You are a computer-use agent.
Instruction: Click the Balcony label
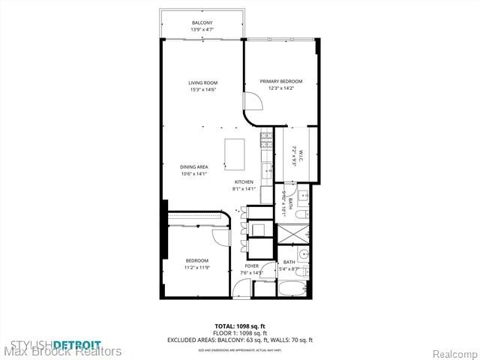click(202, 23)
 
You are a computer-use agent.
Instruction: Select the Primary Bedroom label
click(280, 81)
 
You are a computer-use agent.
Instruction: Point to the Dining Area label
click(193, 166)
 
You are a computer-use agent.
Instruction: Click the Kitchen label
click(244, 182)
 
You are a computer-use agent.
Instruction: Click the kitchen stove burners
click(265, 139)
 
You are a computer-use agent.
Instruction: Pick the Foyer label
click(251, 266)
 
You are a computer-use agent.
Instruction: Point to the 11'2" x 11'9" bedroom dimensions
click(196, 267)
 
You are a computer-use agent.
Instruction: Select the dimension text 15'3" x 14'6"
click(202, 90)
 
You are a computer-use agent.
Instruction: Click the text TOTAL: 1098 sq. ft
click(239, 326)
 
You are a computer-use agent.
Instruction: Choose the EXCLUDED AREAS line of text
click(239, 340)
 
